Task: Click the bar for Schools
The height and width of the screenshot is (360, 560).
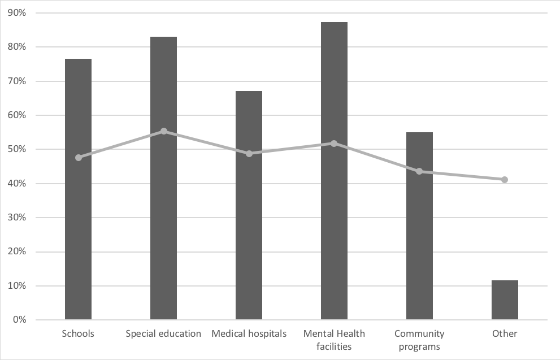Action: (x=78, y=226)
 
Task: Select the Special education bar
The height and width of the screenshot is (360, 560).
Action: (x=163, y=226)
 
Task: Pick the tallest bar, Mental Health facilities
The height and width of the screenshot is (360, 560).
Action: (x=334, y=226)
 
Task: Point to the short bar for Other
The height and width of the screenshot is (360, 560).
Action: (x=505, y=300)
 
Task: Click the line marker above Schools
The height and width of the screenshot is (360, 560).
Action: (x=79, y=158)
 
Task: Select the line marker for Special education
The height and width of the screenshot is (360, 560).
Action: (x=164, y=131)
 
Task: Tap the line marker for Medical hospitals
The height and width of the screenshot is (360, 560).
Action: (x=249, y=153)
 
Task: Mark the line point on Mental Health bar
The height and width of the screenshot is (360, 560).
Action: (x=334, y=144)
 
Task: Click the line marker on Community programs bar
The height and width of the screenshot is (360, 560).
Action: (x=419, y=171)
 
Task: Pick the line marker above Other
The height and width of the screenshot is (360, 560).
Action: (x=505, y=180)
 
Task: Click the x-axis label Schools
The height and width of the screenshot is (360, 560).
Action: (x=78, y=334)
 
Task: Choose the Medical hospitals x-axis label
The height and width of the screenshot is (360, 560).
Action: (x=249, y=334)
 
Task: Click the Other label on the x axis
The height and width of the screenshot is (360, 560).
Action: (x=505, y=334)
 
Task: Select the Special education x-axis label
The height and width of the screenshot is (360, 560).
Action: (x=163, y=334)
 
